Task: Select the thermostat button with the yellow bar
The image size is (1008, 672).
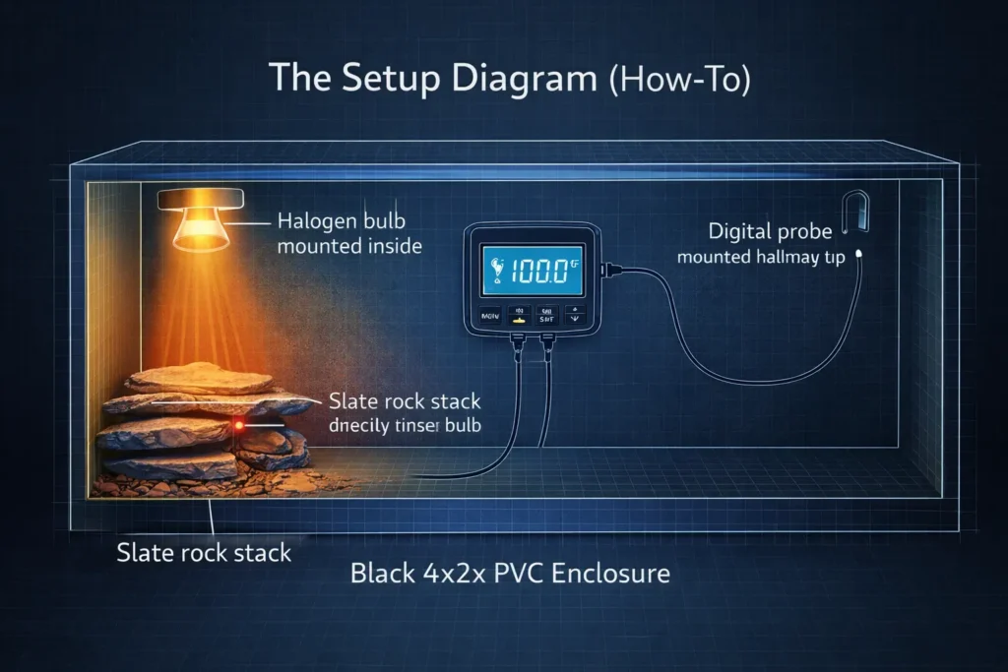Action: click(x=516, y=318)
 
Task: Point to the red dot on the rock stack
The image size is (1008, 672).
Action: click(x=238, y=425)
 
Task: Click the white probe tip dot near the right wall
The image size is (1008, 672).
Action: click(x=860, y=253)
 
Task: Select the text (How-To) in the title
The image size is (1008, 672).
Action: click(x=678, y=80)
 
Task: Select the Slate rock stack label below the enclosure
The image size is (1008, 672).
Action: click(x=204, y=552)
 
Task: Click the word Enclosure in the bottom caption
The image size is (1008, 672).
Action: click(x=611, y=571)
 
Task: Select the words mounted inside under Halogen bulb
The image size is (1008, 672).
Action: click(x=349, y=246)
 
